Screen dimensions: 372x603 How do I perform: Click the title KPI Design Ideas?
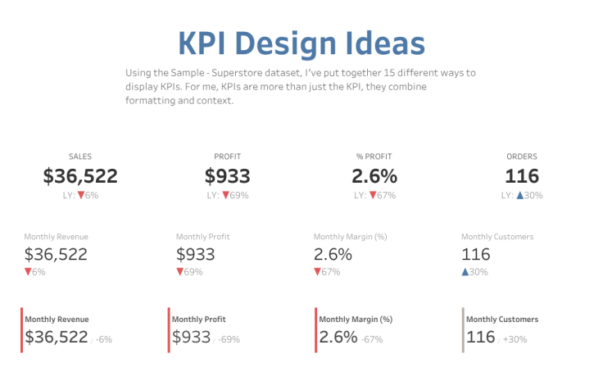click(x=301, y=43)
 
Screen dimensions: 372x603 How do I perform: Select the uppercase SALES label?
click(x=80, y=157)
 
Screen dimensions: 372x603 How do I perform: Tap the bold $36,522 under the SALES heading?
click(x=80, y=176)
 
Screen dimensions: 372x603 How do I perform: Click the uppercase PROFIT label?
click(x=227, y=157)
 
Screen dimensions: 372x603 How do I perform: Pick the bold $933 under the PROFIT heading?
click(x=227, y=176)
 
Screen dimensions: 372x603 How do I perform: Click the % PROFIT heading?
click(x=374, y=157)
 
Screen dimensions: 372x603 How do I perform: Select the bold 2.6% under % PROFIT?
click(x=374, y=176)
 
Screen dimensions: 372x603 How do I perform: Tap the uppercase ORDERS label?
click(x=522, y=157)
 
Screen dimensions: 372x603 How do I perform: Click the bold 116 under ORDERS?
click(x=522, y=176)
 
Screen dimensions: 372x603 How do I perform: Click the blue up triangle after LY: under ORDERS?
click(x=519, y=195)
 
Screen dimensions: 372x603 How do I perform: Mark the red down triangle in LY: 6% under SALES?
click(x=80, y=195)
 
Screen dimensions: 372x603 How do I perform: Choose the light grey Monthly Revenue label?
click(x=56, y=237)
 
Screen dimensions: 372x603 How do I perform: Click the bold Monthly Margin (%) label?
click(x=356, y=320)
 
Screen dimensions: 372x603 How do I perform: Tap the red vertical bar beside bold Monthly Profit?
click(x=169, y=330)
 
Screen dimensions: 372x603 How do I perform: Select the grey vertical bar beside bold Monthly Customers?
click(x=463, y=330)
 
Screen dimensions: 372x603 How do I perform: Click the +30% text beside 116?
click(x=515, y=339)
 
